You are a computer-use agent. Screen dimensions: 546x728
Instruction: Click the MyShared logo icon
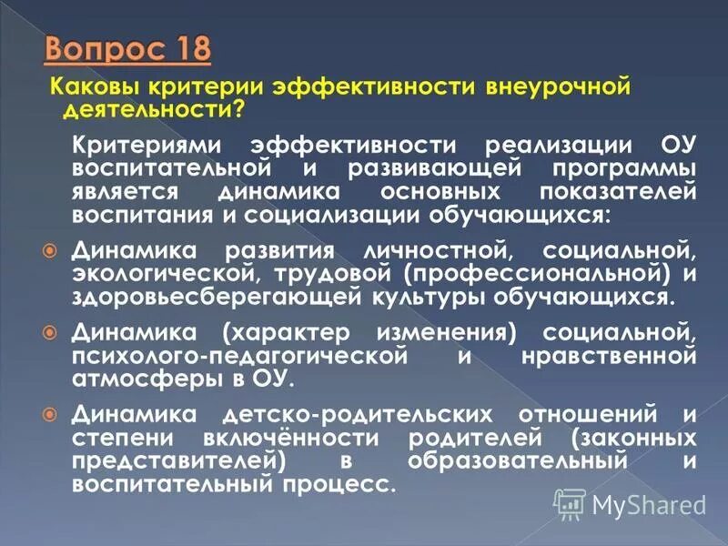tap(570, 500)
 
